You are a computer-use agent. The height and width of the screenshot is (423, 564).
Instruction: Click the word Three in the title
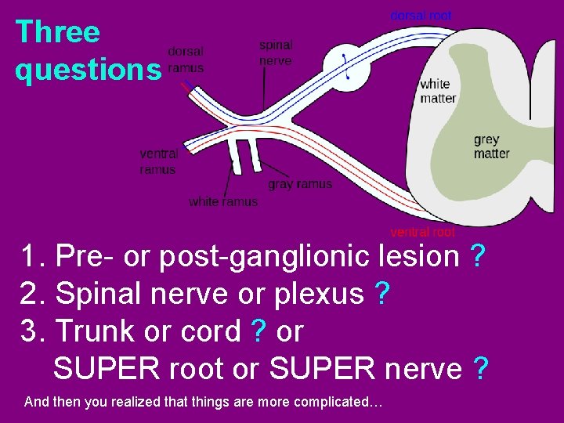tap(58, 32)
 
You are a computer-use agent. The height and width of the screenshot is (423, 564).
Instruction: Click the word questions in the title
tap(87, 70)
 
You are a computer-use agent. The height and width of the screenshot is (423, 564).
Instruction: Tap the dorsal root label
tap(421, 15)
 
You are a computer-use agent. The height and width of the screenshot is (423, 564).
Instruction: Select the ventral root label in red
tap(422, 232)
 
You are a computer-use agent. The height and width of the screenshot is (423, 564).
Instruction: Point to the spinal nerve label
tap(276, 53)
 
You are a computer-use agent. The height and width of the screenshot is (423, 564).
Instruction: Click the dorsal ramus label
tap(186, 60)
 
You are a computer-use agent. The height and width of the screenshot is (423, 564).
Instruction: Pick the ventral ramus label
tap(158, 162)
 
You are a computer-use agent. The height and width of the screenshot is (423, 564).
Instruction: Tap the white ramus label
tap(223, 202)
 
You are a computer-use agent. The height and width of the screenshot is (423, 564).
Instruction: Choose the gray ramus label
tap(300, 184)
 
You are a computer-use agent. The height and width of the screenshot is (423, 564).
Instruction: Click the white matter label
tap(437, 91)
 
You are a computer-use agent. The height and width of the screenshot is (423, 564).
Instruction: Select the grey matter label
tap(491, 146)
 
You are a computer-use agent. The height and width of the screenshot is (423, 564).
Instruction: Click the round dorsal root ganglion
tap(345, 66)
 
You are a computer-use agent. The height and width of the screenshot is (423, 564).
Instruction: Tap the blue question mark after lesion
tap(477, 256)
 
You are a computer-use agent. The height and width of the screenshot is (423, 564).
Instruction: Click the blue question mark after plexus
tap(382, 294)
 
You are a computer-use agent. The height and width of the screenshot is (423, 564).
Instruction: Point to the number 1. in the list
tap(34, 256)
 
